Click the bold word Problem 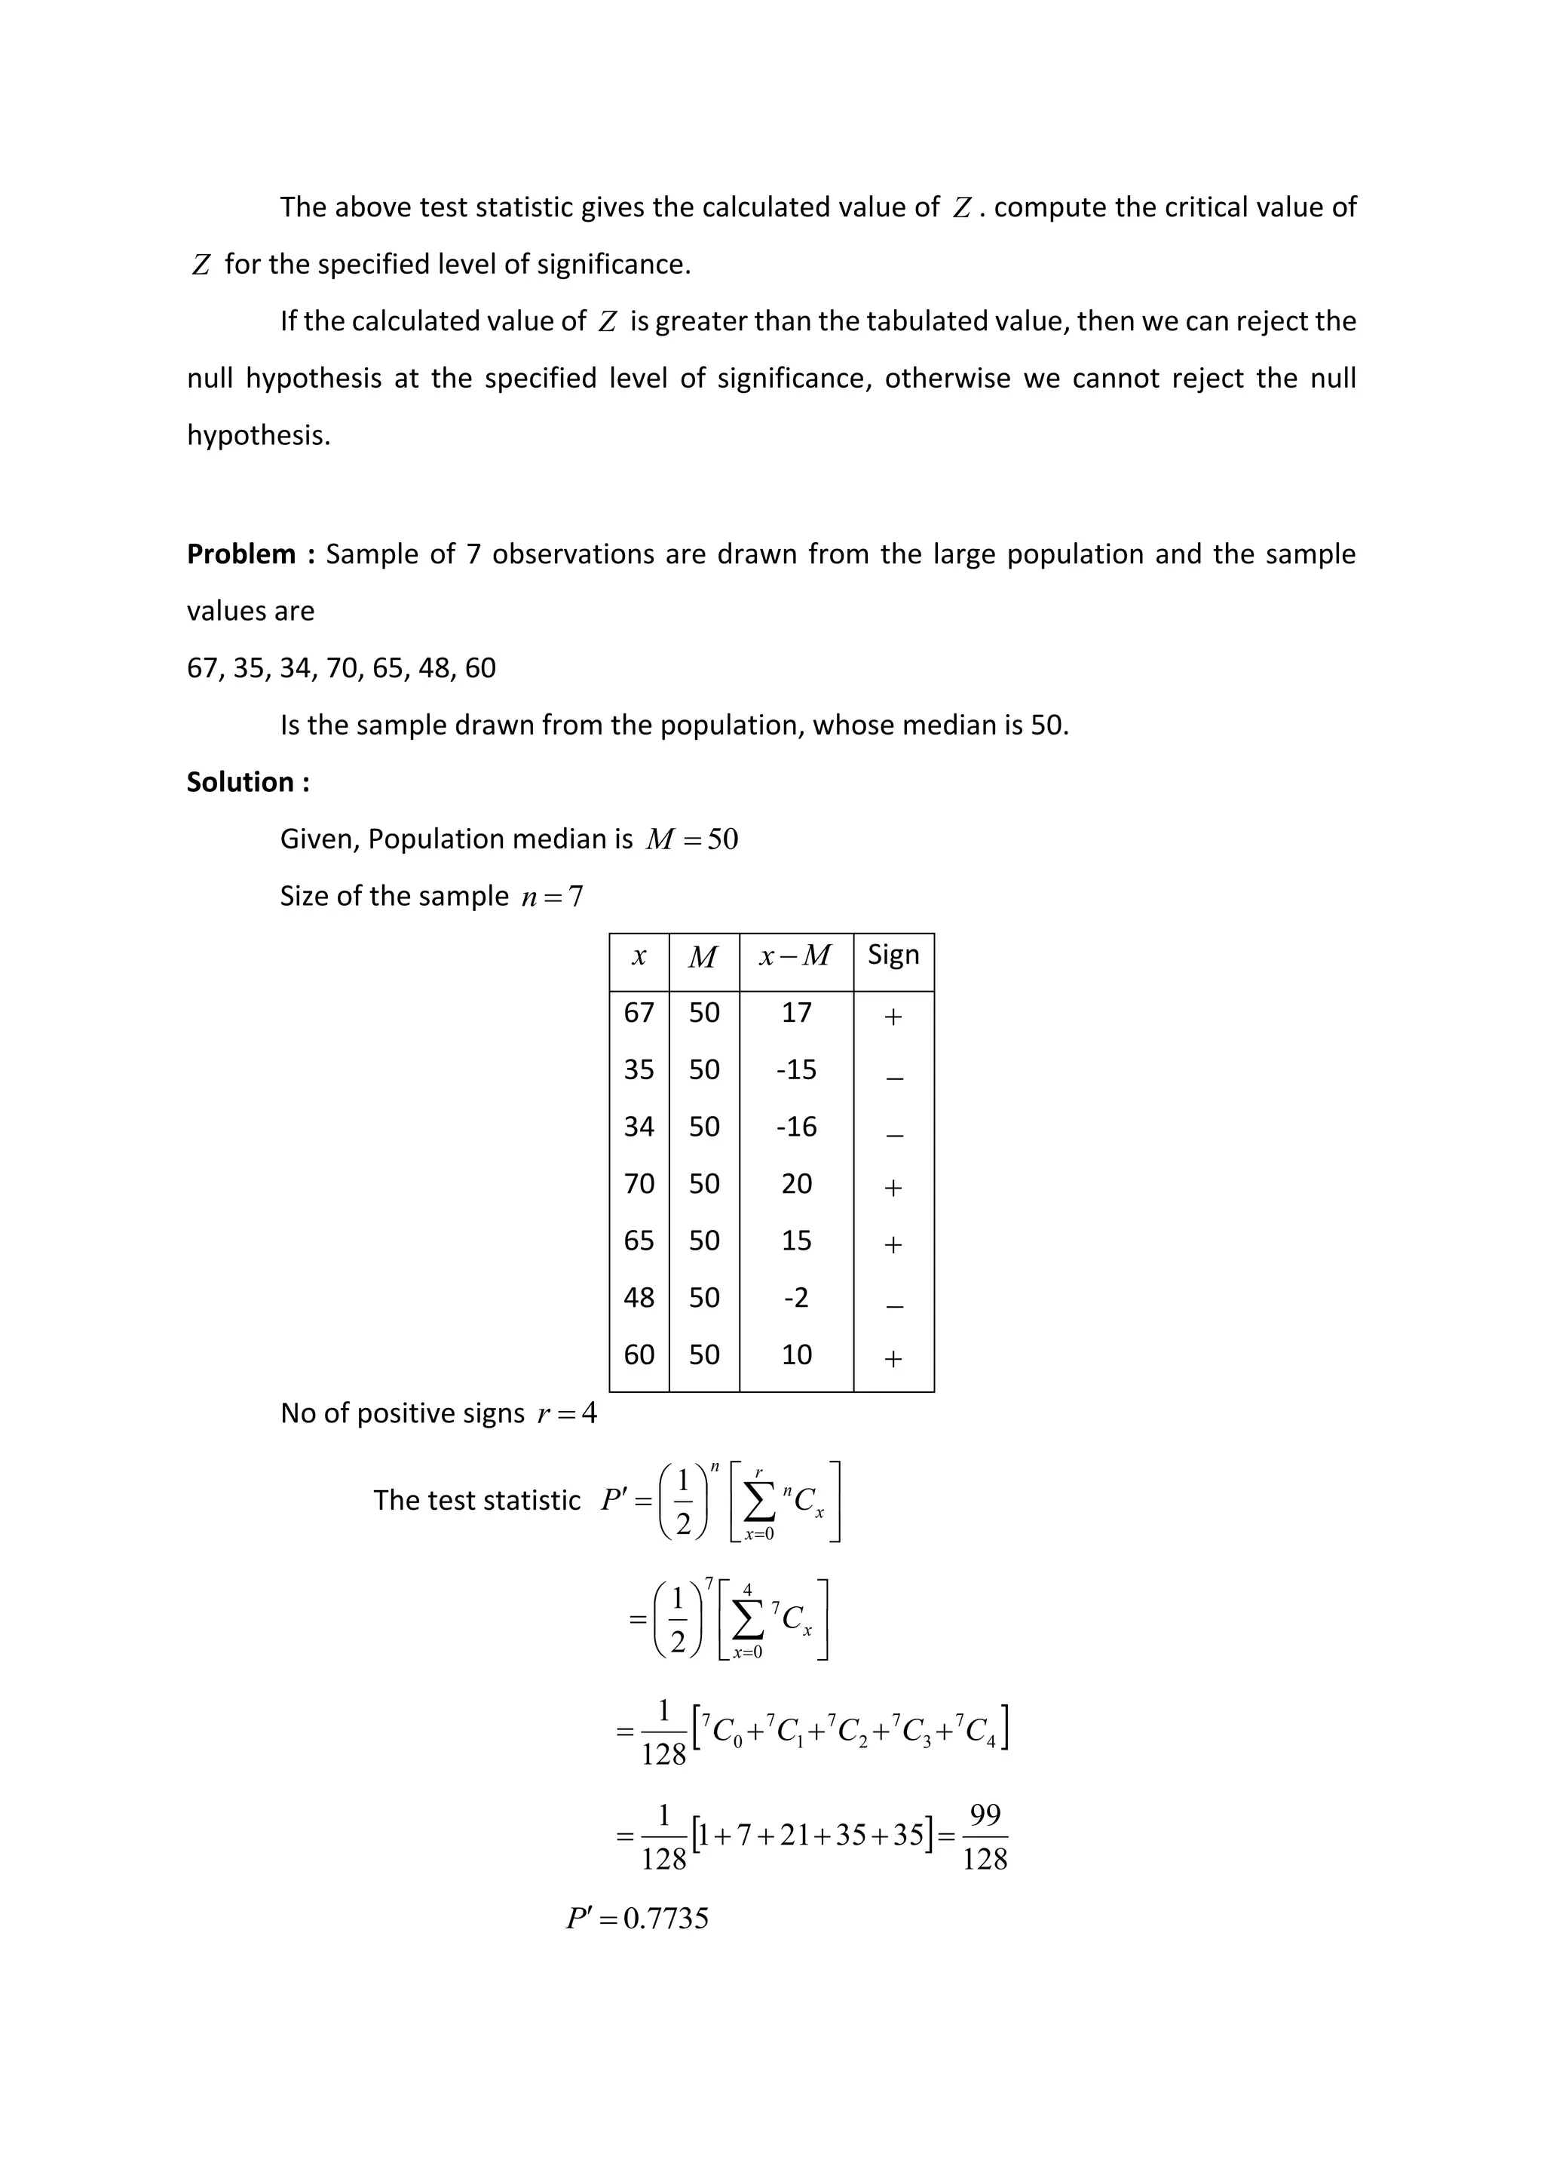[240, 554]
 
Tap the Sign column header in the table [893, 954]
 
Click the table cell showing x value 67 [639, 1012]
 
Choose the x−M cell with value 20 [797, 1183]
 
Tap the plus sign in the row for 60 [893, 1358]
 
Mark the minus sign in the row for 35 [893, 1078]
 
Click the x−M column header [795, 955]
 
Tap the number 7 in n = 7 [576, 896]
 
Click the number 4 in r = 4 [590, 1413]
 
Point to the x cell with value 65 [639, 1241]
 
